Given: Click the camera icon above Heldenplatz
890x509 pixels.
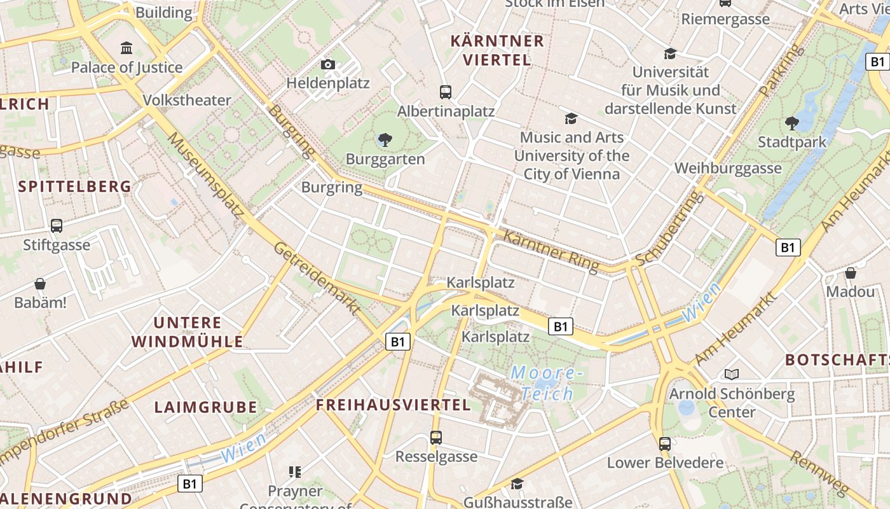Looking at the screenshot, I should click(328, 64).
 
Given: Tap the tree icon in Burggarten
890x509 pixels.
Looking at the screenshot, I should click(385, 139).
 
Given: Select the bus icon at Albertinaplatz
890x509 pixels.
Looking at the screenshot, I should click(446, 92).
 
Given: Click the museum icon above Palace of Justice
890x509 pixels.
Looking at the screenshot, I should click(127, 48).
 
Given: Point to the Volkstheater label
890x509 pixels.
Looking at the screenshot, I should click(187, 100).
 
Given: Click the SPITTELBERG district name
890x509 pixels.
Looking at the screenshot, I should click(75, 186).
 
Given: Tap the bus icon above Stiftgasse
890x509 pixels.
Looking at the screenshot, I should click(57, 225).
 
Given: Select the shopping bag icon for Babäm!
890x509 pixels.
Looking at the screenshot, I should click(40, 283).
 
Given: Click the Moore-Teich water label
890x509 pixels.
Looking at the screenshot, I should click(547, 383).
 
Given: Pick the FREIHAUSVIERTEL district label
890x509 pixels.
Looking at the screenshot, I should click(394, 405).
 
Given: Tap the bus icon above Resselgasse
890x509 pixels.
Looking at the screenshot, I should click(436, 437).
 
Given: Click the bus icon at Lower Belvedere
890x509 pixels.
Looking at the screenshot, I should click(665, 443).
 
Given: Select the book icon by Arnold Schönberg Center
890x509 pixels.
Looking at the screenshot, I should click(732, 374).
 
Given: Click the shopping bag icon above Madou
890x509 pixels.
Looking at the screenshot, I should click(851, 273).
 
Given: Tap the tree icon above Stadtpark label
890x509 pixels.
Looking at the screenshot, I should click(791, 122).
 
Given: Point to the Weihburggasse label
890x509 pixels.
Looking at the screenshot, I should click(728, 168).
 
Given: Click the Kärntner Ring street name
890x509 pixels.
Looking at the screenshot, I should click(551, 251).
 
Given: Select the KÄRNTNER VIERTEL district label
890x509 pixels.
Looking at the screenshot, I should click(497, 50).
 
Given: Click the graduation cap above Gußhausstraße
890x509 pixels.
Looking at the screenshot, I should click(517, 484).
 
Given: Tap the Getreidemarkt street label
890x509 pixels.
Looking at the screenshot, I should click(317, 278).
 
